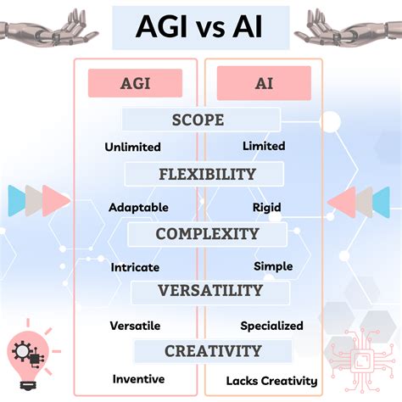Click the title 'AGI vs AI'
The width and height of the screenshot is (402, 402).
tap(199, 26)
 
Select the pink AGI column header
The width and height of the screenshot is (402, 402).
tap(135, 83)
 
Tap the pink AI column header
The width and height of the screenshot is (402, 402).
tap(264, 83)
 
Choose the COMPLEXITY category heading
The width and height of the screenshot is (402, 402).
tap(207, 234)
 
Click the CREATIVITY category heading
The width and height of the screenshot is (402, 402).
tap(213, 351)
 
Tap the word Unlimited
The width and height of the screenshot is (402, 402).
tap(132, 147)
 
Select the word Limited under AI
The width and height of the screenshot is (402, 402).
tap(264, 146)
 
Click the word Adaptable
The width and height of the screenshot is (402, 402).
tap(138, 208)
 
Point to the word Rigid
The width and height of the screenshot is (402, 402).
tap(266, 208)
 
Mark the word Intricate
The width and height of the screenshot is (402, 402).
tap(135, 267)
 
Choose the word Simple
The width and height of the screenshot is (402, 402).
tap(273, 266)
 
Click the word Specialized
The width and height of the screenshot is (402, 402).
tap(271, 326)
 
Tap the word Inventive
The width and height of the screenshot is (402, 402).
tap(138, 379)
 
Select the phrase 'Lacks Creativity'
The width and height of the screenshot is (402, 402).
tap(271, 381)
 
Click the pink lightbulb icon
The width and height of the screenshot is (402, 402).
tap(28, 359)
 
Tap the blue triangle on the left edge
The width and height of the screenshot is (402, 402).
tap(16, 201)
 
